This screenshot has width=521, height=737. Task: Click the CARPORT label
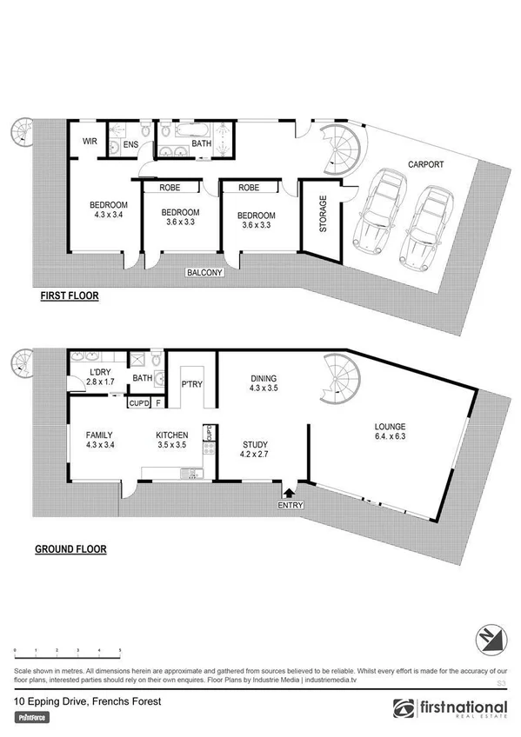[424, 163]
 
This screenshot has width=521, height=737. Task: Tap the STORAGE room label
[323, 214]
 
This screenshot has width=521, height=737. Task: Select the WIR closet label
[89, 141]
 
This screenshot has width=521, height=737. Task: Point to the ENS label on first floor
[130, 145]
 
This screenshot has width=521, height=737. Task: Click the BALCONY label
[205, 273]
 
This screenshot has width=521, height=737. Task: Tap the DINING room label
[262, 380]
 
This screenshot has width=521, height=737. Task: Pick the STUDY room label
[256, 447]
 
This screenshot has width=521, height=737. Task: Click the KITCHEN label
[172, 436]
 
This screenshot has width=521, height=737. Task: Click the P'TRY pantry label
[191, 382]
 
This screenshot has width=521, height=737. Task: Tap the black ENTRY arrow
[289, 493]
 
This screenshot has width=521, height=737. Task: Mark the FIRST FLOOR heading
[70, 295]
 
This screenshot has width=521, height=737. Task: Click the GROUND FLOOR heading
[70, 549]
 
